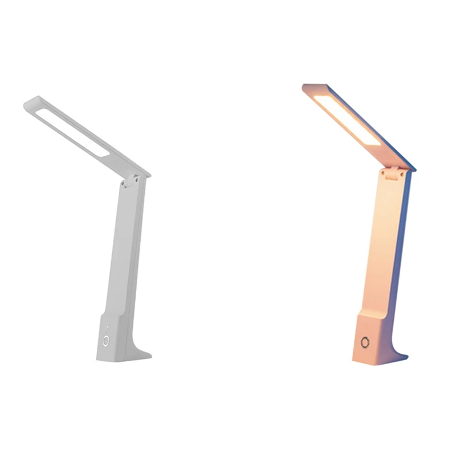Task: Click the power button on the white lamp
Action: tap(106, 341)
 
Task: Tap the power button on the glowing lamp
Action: tap(365, 343)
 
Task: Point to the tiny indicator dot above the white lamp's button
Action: tap(106, 328)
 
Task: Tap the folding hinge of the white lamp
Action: tap(131, 181)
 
